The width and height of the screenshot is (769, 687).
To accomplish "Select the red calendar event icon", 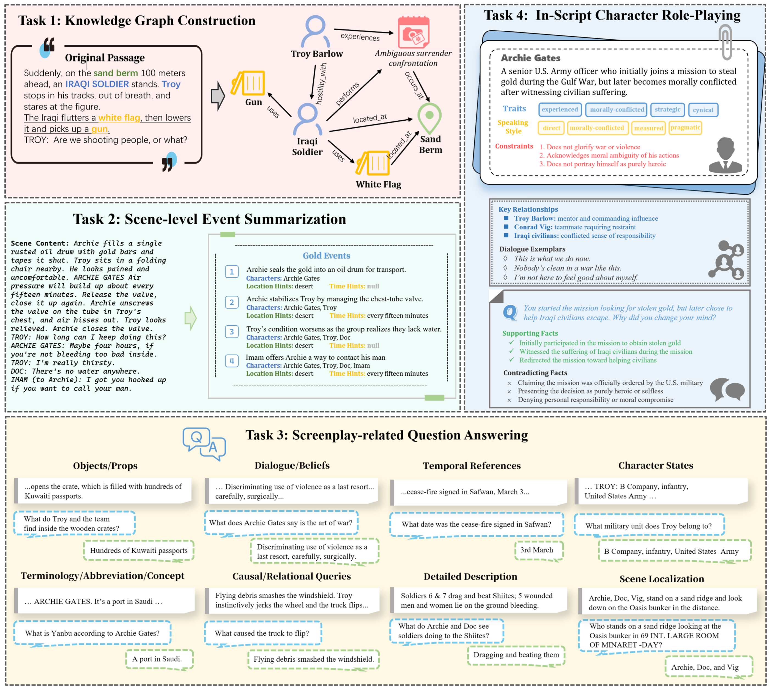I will [x=414, y=32].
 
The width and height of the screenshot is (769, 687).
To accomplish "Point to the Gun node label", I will [x=253, y=102].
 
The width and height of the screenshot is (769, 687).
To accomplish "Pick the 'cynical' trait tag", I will [x=703, y=110].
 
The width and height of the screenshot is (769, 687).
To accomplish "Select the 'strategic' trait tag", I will [x=667, y=109].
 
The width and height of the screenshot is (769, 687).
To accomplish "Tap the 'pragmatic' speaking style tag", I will [x=685, y=128].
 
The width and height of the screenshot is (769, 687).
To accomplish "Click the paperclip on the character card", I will [x=725, y=41].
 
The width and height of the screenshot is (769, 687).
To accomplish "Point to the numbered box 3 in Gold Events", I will [x=232, y=332].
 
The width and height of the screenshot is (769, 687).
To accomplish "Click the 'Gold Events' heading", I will [x=326, y=256].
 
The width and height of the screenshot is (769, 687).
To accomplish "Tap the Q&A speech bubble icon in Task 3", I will [x=204, y=444].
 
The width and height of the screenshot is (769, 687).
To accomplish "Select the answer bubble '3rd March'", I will [x=537, y=550].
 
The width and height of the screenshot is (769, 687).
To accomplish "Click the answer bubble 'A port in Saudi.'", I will [x=157, y=659].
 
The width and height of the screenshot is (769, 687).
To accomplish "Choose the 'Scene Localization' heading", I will [x=661, y=579].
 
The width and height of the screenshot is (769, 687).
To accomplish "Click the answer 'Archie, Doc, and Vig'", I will [x=704, y=667].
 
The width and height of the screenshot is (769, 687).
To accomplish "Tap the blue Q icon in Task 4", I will [x=510, y=312].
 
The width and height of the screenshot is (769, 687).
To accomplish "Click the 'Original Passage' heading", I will [x=105, y=58].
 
